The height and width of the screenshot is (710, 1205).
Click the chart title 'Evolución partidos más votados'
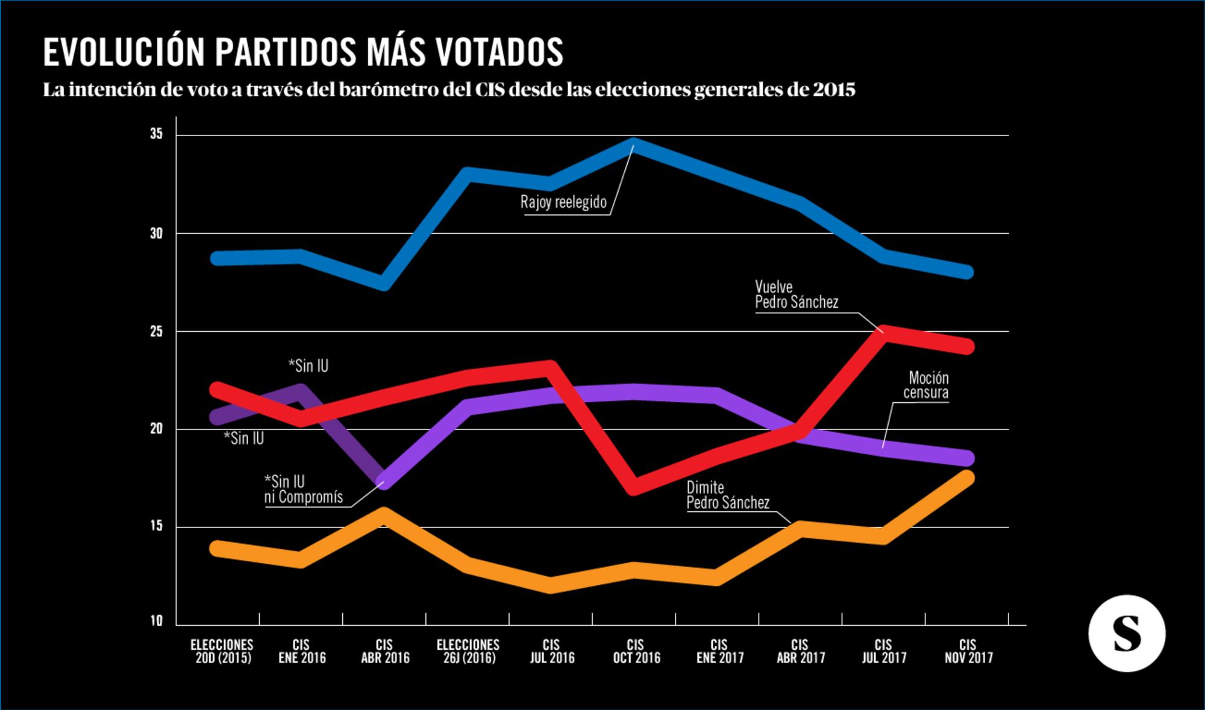[x=303, y=52]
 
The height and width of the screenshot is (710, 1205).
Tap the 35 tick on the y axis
[x=157, y=134]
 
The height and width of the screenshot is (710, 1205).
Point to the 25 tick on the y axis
[x=157, y=331]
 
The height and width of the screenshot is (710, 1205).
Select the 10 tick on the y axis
[x=157, y=621]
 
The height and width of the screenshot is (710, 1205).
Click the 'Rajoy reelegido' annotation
[x=563, y=202]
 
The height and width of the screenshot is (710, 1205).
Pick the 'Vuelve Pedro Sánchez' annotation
[x=796, y=294]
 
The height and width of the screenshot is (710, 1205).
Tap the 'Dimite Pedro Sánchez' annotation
[x=728, y=495]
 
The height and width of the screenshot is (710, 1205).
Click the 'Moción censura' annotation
[x=927, y=385]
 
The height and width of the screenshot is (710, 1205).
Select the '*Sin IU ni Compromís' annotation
[x=303, y=489]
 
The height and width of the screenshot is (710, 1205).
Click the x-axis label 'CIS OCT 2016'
[x=636, y=652]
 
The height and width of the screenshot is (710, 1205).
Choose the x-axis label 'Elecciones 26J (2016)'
[x=468, y=652]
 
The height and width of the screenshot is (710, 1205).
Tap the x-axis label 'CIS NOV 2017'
[x=968, y=652]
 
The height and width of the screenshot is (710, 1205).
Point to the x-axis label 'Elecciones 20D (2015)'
[x=222, y=652]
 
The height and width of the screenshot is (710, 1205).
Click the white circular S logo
[x=1126, y=634]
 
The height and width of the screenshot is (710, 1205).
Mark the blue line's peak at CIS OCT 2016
[x=634, y=145]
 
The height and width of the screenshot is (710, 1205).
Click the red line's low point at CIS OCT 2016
[x=634, y=487]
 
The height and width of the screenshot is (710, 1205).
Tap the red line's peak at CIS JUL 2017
[x=883, y=333]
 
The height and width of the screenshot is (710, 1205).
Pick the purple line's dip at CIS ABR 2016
[x=385, y=481]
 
